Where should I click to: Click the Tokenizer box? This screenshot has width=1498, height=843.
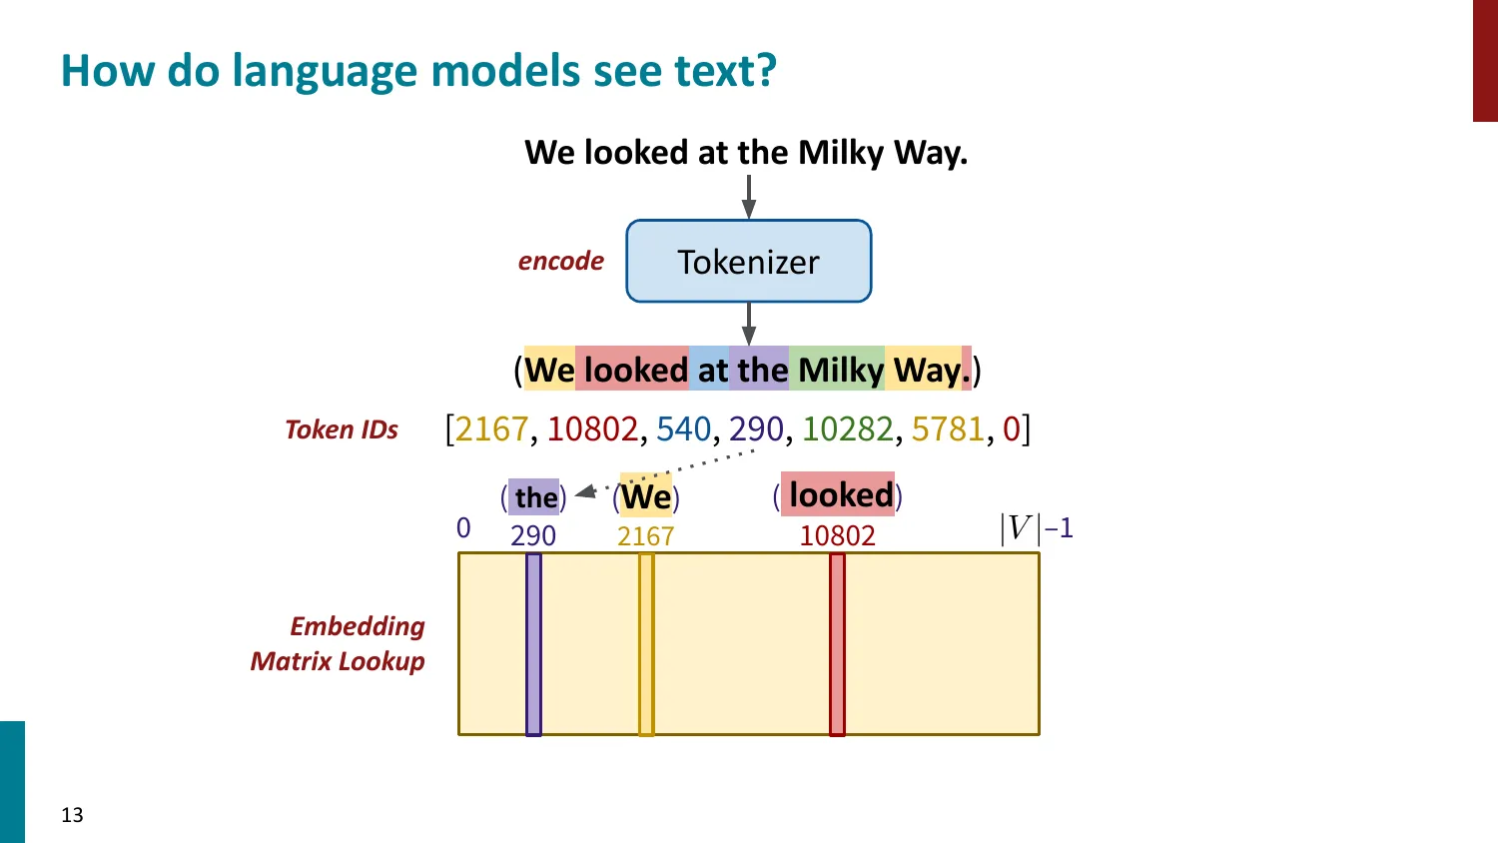point(749,262)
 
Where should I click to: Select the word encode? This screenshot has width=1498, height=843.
point(560,262)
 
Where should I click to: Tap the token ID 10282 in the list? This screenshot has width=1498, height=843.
point(847,429)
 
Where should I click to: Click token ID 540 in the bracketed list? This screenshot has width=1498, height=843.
point(683,429)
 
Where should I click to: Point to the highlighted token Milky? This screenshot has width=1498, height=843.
point(840,371)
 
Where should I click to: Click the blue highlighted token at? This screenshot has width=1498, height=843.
point(711,371)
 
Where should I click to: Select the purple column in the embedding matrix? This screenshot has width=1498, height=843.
point(533,644)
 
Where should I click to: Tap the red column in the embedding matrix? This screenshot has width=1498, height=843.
point(837,644)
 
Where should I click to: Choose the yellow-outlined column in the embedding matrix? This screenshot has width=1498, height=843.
point(646,644)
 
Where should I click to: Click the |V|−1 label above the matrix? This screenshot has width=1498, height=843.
point(1036,527)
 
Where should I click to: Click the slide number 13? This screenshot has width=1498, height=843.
point(72,815)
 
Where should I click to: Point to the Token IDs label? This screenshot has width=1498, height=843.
point(342,430)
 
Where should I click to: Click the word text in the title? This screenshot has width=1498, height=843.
point(724,72)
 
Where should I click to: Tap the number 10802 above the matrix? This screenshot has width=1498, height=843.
point(837,536)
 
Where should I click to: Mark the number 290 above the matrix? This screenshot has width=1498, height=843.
point(533,536)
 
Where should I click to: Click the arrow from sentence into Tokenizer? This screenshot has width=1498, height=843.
point(749,197)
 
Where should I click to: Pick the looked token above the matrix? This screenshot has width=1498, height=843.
point(840,495)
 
